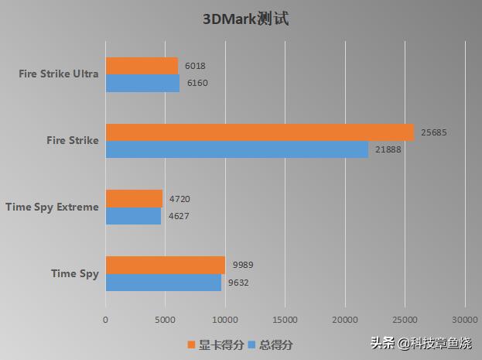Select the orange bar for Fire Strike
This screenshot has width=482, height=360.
(259, 132)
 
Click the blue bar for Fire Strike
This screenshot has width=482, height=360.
(237, 149)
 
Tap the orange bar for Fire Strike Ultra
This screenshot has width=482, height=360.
(142, 66)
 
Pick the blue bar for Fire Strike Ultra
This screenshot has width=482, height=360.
(142, 83)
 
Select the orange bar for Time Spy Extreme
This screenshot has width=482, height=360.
(134, 198)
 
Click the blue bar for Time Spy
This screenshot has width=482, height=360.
(163, 283)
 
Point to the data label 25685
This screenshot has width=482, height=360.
(434, 132)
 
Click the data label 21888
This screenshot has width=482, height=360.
(388, 149)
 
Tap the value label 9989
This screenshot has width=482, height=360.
(243, 265)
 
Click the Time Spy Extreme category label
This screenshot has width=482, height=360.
(52, 207)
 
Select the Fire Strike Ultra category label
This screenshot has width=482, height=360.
(59, 74)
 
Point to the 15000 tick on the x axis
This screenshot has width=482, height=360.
(285, 318)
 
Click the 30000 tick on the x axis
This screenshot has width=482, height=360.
(464, 318)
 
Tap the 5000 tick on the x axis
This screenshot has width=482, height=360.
(166, 318)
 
